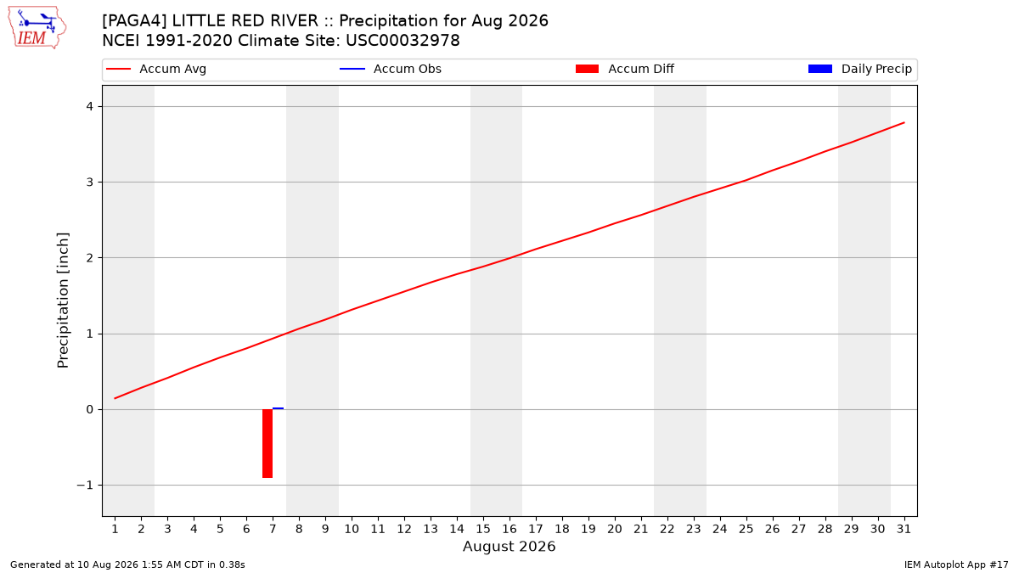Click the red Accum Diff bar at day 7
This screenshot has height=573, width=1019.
pos(267,443)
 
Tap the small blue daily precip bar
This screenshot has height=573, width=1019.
pos(278,408)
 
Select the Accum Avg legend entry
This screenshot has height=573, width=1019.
pos(156,69)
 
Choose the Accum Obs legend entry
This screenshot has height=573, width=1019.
pos(391,69)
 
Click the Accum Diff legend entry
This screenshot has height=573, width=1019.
pos(625,69)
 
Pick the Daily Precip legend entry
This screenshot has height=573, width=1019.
pos(859,69)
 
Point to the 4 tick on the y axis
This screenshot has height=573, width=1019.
pos(90,106)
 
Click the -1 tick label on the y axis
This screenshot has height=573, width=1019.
pos(85,486)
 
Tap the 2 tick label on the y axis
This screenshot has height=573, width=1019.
pos(90,258)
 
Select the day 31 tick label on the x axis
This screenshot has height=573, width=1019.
pos(904,529)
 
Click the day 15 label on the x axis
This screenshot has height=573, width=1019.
pos(483,529)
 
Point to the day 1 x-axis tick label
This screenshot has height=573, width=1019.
pos(115,529)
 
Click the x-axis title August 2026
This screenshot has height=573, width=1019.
pos(509,546)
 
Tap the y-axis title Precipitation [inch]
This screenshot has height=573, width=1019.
pos(63,301)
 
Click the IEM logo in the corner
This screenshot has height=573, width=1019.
pos(37,28)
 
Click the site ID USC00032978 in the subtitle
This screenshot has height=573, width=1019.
pos(403,41)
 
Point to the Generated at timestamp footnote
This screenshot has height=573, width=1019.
pos(127,565)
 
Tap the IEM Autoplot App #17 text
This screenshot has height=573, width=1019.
pos(956,565)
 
